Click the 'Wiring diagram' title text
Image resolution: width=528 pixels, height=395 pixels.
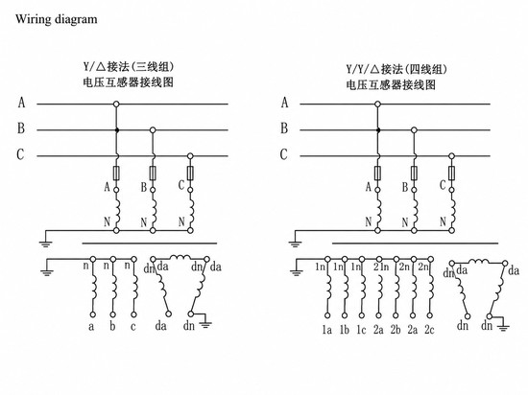point(57,19)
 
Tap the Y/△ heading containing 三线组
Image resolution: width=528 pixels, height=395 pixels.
point(129,67)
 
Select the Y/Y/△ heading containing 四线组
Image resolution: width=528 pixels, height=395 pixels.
point(396,69)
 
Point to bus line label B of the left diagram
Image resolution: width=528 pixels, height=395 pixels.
point(21,128)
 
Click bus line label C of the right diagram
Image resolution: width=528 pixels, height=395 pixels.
point(284,154)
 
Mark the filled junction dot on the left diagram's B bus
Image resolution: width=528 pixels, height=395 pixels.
point(116,130)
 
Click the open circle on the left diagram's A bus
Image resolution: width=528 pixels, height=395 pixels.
point(116,105)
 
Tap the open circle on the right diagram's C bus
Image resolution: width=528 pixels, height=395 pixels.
point(451,156)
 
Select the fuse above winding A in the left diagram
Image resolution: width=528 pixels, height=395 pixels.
point(116,174)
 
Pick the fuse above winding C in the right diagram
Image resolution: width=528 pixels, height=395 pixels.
point(451,174)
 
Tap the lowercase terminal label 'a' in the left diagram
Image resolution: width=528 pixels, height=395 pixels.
point(91,326)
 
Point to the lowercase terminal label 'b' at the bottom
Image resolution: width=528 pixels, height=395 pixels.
point(112,326)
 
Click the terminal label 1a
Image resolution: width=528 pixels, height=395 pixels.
point(327,330)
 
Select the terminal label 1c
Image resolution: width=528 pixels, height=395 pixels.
point(361,330)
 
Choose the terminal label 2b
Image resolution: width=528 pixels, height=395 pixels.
point(396,330)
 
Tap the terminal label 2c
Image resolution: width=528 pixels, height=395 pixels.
point(429,330)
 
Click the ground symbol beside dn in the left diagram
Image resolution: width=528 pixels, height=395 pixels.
point(205,325)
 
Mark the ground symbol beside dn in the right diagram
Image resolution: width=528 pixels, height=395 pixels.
point(503,326)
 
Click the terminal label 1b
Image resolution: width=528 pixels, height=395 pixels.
point(344,330)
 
